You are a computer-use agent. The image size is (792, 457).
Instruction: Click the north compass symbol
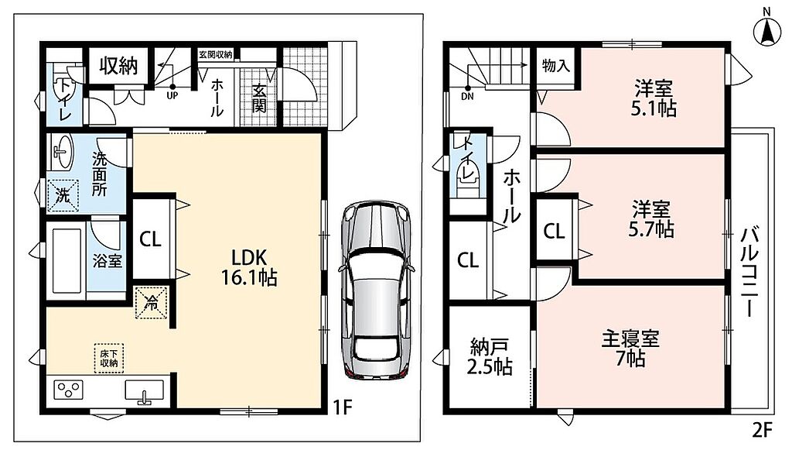[766, 30]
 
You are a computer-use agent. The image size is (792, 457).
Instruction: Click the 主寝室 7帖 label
[630, 349]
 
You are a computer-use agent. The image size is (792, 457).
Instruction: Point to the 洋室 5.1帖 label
[654, 98]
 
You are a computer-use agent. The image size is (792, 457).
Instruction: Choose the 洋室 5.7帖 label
[651, 218]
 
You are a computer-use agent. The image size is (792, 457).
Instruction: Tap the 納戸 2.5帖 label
[489, 357]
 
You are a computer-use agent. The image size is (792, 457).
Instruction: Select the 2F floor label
[763, 430]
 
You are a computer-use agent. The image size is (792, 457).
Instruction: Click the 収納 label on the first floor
[118, 66]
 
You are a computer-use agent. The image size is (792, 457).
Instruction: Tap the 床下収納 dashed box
[109, 359]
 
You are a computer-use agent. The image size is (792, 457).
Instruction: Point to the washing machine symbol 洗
[63, 195]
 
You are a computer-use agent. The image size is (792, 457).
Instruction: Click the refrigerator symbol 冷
[151, 303]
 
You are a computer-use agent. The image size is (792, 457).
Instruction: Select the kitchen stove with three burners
[68, 390]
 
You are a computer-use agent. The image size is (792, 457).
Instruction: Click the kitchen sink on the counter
[145, 392]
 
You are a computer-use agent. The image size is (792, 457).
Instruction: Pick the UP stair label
[172, 95]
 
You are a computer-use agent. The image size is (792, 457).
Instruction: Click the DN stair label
[467, 96]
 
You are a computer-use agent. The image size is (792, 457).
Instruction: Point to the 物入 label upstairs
[556, 65]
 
